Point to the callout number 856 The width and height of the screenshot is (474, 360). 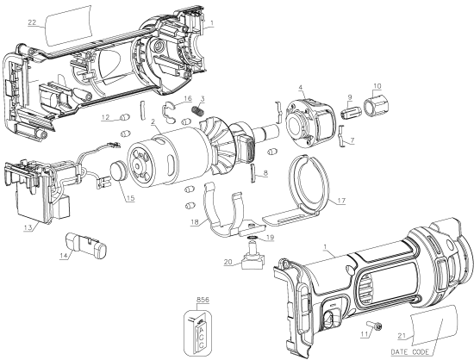click(203, 301)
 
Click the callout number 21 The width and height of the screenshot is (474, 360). click(426, 332)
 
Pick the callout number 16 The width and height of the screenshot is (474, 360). click(187, 100)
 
